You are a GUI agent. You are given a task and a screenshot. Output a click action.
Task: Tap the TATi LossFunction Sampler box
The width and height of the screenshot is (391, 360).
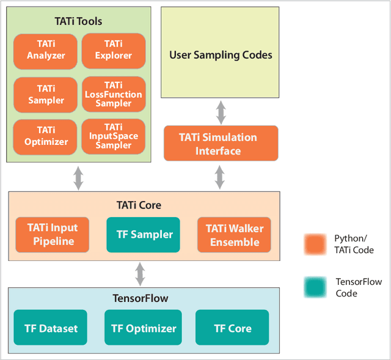(x=113, y=94)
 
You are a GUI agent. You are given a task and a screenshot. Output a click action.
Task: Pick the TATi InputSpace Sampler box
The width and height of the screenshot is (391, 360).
(x=113, y=136)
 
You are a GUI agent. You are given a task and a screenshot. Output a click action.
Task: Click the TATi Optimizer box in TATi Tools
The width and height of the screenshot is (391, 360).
(x=45, y=136)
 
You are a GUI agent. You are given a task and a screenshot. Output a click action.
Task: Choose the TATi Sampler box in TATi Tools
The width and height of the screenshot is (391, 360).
(x=45, y=94)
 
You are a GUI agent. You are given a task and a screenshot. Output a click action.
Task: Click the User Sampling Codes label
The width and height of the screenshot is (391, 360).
(x=220, y=55)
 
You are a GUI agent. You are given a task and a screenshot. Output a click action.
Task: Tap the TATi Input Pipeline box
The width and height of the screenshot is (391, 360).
(x=53, y=235)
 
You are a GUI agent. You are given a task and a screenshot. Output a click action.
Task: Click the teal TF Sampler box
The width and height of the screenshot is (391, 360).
(x=144, y=235)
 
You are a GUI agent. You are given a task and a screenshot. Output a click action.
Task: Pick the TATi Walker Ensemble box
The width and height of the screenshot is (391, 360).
(x=234, y=235)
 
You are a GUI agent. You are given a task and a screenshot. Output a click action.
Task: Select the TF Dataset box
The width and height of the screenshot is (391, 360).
(x=51, y=328)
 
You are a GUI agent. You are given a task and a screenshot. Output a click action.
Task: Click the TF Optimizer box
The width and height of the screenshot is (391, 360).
(x=144, y=328)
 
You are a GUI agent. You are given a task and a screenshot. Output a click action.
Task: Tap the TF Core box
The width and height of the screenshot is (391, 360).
(x=232, y=328)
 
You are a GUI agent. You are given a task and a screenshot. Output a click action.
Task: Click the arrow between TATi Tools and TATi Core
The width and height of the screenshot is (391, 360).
(x=78, y=177)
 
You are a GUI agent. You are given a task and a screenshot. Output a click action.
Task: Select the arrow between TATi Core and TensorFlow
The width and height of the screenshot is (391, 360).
(x=141, y=274)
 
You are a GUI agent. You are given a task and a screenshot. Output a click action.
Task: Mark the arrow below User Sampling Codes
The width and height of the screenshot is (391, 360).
(x=221, y=112)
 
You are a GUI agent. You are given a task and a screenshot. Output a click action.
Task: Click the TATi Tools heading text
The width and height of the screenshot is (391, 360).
(x=78, y=21)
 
